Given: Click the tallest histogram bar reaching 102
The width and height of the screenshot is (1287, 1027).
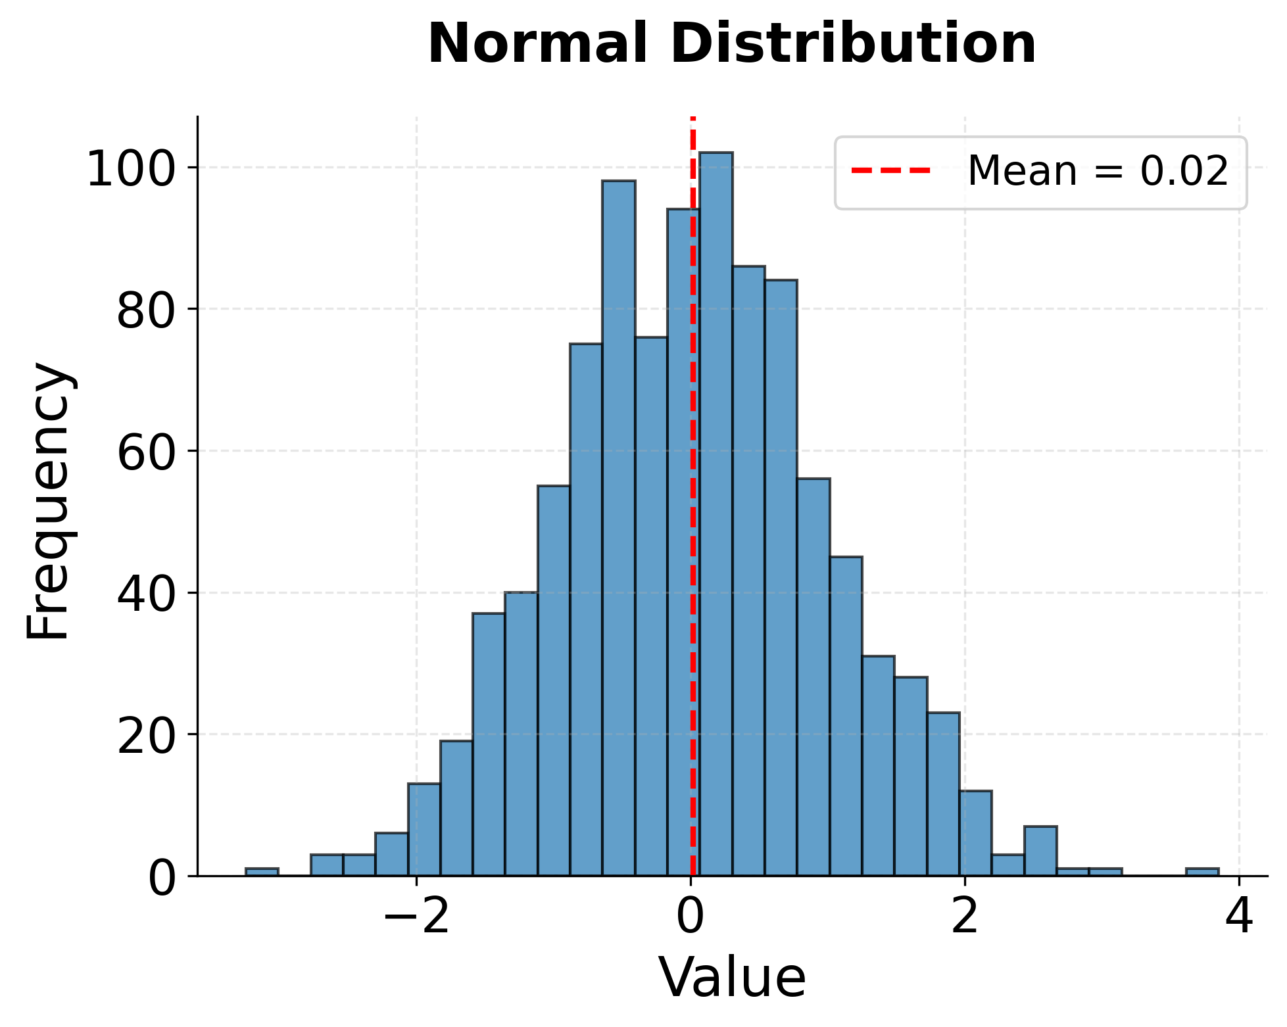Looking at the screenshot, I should pyautogui.click(x=716, y=513).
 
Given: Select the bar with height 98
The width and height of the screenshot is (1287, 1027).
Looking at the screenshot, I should pyautogui.click(x=618, y=526).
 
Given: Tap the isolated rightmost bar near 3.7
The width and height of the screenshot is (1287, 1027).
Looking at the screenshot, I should pyautogui.click(x=1202, y=872).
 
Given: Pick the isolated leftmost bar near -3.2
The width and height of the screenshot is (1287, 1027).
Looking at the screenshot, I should pyautogui.click(x=262, y=872).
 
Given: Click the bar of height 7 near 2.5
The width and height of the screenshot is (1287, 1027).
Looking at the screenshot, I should pyautogui.click(x=1040, y=851).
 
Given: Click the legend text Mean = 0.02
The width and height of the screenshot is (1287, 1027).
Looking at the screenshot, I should pyautogui.click(x=1097, y=172).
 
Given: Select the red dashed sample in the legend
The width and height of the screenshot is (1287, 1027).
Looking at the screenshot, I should pyautogui.click(x=890, y=171).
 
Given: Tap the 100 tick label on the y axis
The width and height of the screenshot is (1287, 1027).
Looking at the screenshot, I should pyautogui.click(x=132, y=168).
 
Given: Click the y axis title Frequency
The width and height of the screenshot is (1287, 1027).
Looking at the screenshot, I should pyautogui.click(x=49, y=500).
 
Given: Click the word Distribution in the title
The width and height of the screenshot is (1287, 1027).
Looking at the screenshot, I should pyautogui.click(x=853, y=44).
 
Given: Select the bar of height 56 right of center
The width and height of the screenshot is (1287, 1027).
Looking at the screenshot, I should pyautogui.click(x=813, y=677).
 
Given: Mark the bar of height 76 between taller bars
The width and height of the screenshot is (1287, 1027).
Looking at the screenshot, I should pyautogui.click(x=650, y=605).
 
